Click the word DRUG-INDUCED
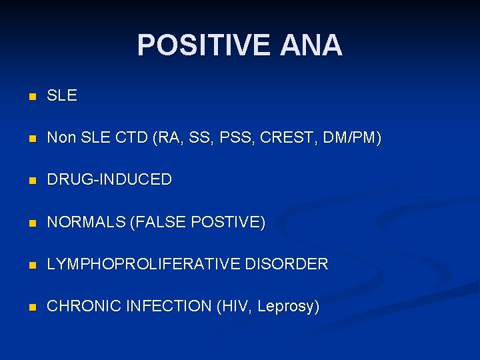[109, 180]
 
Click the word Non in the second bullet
[61, 139]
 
